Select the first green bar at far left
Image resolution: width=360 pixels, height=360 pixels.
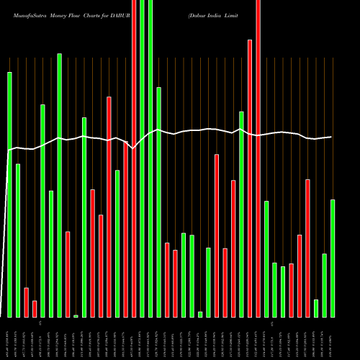click(x=9, y=194)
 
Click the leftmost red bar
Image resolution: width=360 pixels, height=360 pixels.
click(x=26, y=302)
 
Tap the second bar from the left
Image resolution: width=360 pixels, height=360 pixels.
click(x=18, y=240)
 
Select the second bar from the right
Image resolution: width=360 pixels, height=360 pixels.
click(x=324, y=285)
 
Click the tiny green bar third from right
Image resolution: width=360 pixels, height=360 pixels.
click(x=316, y=308)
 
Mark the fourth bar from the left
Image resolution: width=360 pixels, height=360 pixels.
click(x=35, y=309)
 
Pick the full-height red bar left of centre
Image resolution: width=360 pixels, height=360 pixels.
click(x=134, y=158)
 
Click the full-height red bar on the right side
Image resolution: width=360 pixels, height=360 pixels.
click(x=258, y=158)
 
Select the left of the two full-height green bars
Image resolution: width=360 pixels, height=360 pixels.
click(x=142, y=158)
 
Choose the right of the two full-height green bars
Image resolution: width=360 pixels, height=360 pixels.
click(x=150, y=158)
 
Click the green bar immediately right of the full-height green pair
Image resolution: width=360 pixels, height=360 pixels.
click(x=158, y=202)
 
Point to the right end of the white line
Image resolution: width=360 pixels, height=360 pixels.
click(x=331, y=137)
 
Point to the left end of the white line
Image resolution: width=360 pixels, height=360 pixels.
click(x=7, y=150)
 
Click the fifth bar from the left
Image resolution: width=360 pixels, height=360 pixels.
click(x=42, y=210)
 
